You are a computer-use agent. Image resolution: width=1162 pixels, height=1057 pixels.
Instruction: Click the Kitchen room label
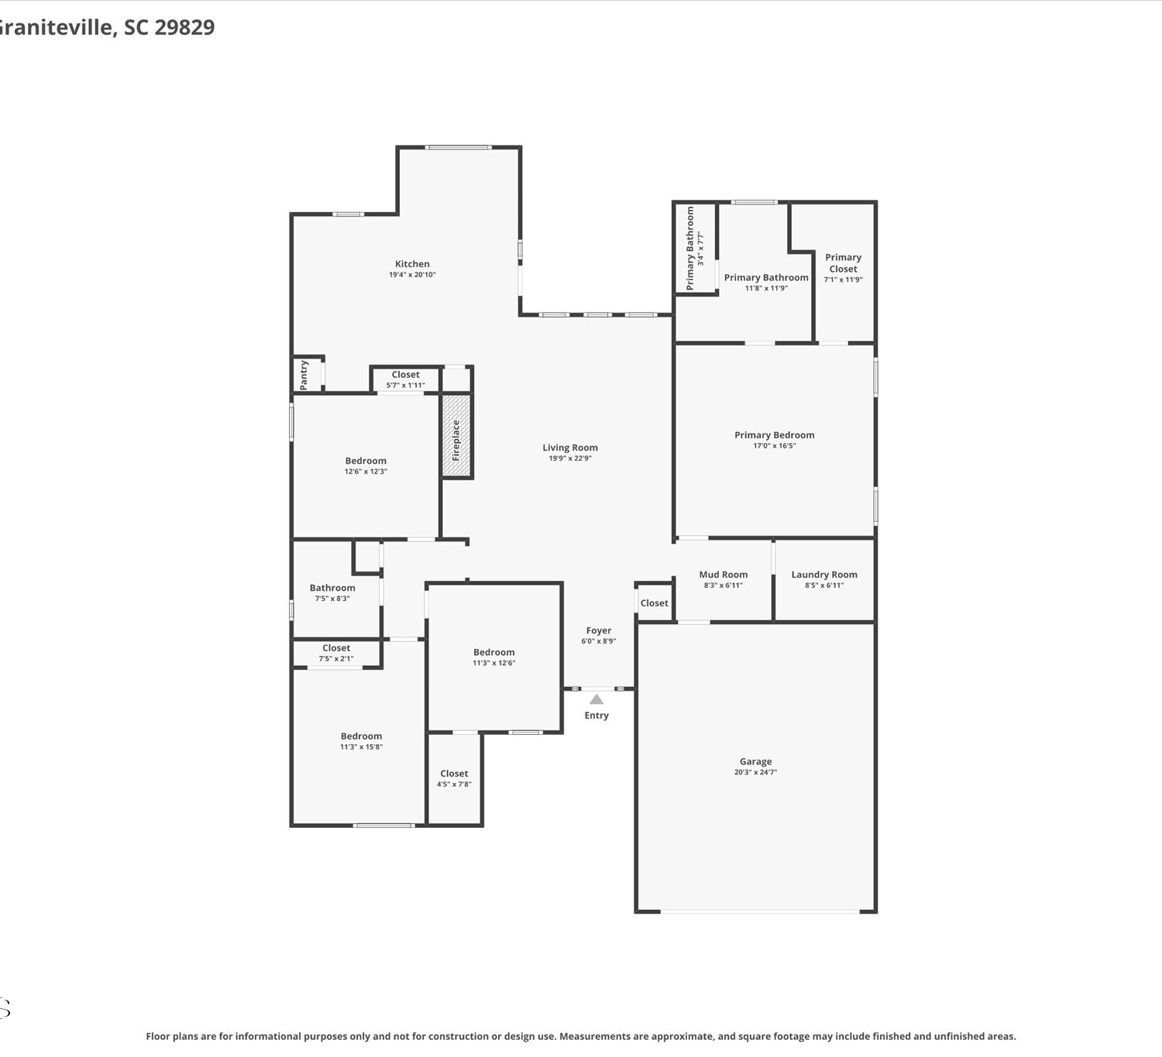tap(412, 263)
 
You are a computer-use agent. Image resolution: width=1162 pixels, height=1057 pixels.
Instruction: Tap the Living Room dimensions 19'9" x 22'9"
tap(570, 458)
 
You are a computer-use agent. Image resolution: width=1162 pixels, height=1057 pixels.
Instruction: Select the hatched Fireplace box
tap(456, 435)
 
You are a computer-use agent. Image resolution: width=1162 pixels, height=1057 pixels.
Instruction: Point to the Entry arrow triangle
tap(596, 699)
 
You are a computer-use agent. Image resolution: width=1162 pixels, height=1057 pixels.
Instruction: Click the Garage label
tap(755, 761)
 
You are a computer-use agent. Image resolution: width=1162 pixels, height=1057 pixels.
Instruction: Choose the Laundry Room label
tap(824, 574)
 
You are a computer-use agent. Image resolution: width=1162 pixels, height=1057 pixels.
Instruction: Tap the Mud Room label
tap(723, 574)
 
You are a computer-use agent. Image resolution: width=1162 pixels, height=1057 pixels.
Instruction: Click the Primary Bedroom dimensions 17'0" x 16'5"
tap(775, 445)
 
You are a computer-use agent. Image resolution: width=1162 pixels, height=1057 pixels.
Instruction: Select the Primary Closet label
tap(843, 263)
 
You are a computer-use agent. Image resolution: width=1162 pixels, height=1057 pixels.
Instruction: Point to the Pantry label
tap(304, 375)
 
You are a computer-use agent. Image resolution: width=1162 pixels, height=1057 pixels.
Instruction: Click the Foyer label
tap(598, 630)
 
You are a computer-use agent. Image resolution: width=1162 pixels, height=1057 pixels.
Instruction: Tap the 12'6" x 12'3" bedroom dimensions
tap(366, 472)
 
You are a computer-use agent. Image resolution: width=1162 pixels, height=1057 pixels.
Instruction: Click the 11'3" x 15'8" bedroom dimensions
tap(361, 746)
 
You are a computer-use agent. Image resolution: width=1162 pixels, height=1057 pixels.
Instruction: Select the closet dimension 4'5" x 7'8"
tap(453, 784)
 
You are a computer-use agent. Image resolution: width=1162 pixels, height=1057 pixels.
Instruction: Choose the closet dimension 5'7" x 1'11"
tap(405, 385)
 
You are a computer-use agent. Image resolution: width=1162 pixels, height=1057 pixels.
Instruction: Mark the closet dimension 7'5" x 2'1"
tap(336, 658)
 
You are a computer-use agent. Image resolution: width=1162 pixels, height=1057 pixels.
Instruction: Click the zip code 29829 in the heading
tap(184, 27)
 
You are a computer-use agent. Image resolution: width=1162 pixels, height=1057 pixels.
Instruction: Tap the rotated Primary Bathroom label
tap(690, 248)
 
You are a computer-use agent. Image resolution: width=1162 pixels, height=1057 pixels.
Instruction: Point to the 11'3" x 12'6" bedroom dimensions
tap(493, 663)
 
